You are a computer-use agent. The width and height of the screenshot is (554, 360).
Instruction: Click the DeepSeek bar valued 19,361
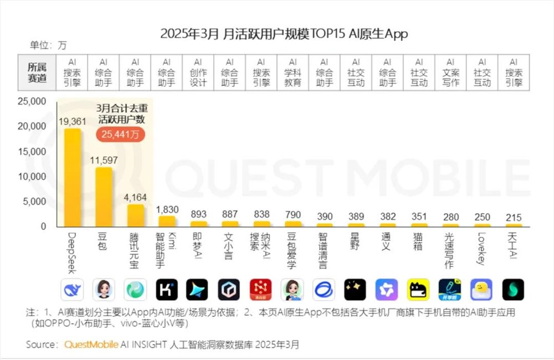[x=73, y=177]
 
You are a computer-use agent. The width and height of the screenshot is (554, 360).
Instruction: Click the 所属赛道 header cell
[x=37, y=73]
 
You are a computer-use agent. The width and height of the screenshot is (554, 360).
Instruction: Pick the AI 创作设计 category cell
[x=198, y=73]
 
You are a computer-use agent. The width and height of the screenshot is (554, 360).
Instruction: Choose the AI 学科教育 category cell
[x=293, y=73]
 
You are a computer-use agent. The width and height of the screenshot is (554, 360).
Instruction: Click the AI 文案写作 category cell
[x=451, y=73]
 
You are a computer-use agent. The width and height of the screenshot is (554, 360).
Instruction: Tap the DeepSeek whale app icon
[x=72, y=290]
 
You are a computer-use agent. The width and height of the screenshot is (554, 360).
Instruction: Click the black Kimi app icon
[x=167, y=290]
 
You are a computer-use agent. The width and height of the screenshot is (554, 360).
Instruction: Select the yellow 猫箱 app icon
[x=418, y=290]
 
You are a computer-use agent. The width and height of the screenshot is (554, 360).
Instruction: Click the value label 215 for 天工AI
[x=513, y=218]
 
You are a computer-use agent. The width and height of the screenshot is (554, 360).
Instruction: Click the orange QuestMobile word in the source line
[x=91, y=344]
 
